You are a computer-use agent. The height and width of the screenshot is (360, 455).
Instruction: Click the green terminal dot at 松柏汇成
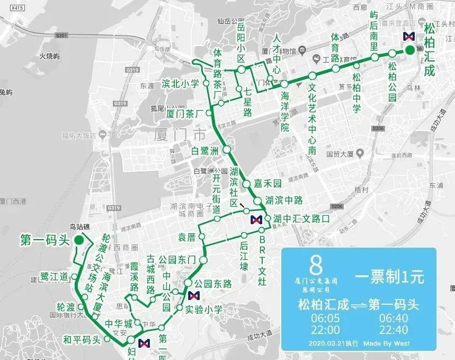(410, 50)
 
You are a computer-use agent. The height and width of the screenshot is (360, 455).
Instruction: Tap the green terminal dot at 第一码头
(78, 240)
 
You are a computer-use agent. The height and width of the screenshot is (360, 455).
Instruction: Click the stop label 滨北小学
(180, 83)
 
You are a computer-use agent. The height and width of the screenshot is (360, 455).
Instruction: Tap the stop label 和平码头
(81, 339)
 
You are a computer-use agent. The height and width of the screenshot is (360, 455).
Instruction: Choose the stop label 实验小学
(204, 308)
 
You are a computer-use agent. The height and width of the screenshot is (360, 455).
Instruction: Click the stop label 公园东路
(213, 284)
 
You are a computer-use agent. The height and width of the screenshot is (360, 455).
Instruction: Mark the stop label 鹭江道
(55, 276)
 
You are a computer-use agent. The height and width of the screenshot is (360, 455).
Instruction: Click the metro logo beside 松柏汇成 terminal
(408, 36)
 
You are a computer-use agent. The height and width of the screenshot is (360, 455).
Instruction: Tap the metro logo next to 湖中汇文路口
(256, 219)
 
